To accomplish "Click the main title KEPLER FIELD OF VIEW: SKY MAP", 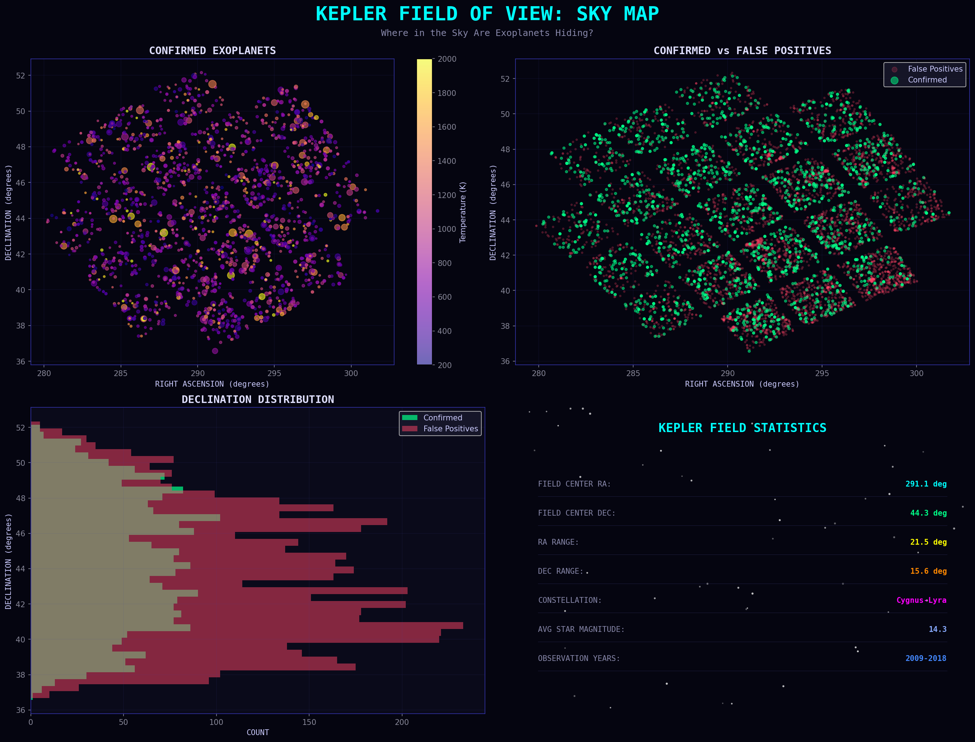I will (x=487, y=14).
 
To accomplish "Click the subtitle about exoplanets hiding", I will (x=487, y=33).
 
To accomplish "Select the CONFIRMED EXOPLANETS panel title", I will (x=213, y=51).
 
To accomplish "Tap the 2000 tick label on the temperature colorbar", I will (x=447, y=59).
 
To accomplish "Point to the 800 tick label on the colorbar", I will (x=445, y=263).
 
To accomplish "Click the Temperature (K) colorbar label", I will (x=463, y=212).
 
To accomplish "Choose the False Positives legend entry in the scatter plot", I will (x=935, y=69).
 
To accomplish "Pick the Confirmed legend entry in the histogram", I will (x=442, y=418).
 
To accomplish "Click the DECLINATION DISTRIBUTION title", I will (x=258, y=400).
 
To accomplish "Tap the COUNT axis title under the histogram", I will (x=258, y=732).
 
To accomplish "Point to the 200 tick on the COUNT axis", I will (x=402, y=722).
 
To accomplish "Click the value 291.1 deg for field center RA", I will (x=926, y=484).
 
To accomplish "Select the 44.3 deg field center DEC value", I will (x=928, y=513).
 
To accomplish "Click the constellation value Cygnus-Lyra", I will (x=921, y=600).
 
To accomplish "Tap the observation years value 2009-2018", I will (x=926, y=658).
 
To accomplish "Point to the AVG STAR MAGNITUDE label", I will (x=581, y=629).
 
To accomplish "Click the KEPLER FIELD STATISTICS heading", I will (x=742, y=428).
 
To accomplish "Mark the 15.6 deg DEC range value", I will (x=928, y=571).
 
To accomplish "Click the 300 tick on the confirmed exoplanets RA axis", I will (x=351, y=374).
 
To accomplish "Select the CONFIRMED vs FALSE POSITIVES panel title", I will (x=742, y=51).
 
